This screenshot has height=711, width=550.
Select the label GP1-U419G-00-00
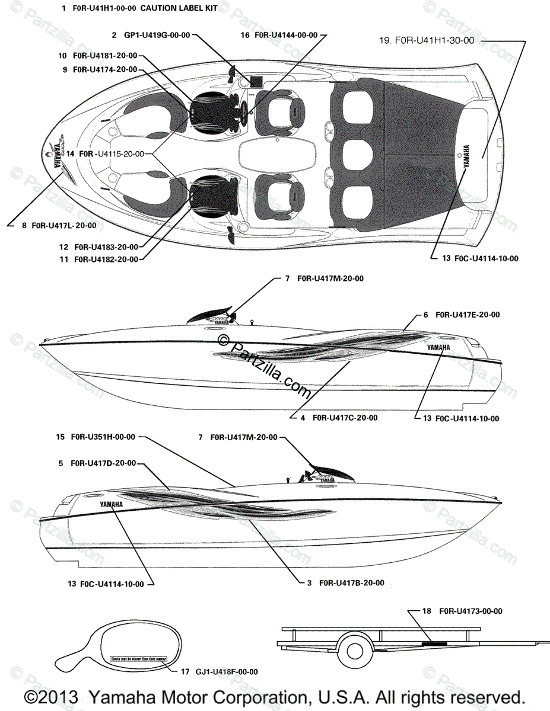point(157,36)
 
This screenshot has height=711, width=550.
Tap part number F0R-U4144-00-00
point(282,36)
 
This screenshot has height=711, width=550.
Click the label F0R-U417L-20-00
point(63,225)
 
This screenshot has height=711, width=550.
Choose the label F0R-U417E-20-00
point(467,315)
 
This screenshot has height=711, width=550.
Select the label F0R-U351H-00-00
point(103,437)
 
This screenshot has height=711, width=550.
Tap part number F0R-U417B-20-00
point(351,583)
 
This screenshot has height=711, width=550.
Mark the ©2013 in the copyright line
point(52,697)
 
